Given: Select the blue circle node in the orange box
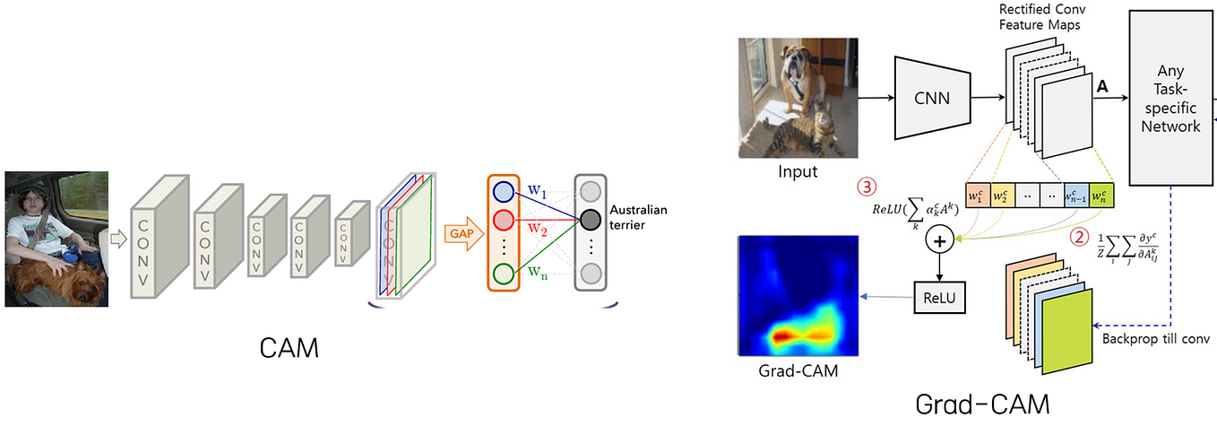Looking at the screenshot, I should (504, 192).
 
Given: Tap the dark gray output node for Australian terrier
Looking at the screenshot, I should (590, 219).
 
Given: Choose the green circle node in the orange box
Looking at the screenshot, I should (504, 273).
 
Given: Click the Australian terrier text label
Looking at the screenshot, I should (638, 218).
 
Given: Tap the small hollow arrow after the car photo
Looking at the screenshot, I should (117, 238).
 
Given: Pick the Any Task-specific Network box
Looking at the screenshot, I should (1170, 100).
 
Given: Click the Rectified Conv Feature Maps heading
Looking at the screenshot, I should (1040, 17).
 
